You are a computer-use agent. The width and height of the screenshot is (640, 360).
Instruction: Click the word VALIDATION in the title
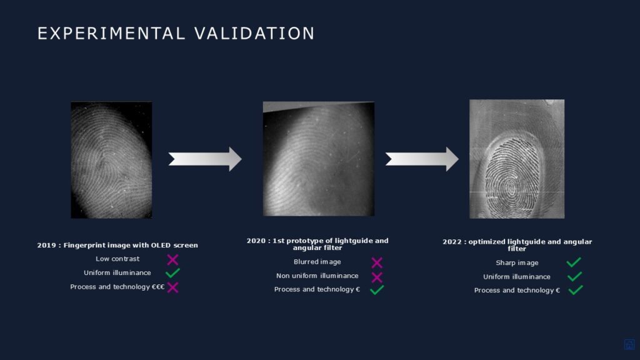point(254,34)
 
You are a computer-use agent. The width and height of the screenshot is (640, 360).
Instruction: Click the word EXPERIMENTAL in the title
point(111,34)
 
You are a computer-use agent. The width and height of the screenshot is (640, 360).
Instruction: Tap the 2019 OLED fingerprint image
point(111,160)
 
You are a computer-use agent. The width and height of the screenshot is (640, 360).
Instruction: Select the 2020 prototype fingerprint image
point(318,159)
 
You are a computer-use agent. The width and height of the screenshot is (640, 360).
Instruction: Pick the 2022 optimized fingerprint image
point(517,159)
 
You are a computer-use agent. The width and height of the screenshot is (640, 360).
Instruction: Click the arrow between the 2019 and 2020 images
point(205,159)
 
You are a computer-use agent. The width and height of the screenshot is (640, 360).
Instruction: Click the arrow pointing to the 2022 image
point(422,159)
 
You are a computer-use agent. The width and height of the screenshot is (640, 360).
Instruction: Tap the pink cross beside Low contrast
point(172,259)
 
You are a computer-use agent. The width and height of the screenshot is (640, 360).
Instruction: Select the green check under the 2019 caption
point(172,272)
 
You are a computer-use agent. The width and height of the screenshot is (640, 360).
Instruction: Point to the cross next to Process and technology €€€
point(172,287)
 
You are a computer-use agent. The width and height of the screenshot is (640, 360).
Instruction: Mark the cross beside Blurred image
point(377,262)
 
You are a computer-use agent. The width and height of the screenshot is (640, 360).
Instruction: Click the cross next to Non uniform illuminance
point(377,277)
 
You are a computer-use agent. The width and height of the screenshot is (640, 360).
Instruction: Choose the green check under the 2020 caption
point(377,290)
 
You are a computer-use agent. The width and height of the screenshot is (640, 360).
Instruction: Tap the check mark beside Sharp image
point(574,262)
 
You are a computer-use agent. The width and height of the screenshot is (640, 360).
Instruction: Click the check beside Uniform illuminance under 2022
point(575,277)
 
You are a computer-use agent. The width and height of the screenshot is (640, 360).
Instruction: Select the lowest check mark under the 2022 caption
point(576,290)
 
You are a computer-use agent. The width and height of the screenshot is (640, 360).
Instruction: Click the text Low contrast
point(117,259)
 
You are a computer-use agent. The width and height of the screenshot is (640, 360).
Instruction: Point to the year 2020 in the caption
point(256,241)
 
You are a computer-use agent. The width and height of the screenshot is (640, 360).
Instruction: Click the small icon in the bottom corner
point(629,344)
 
